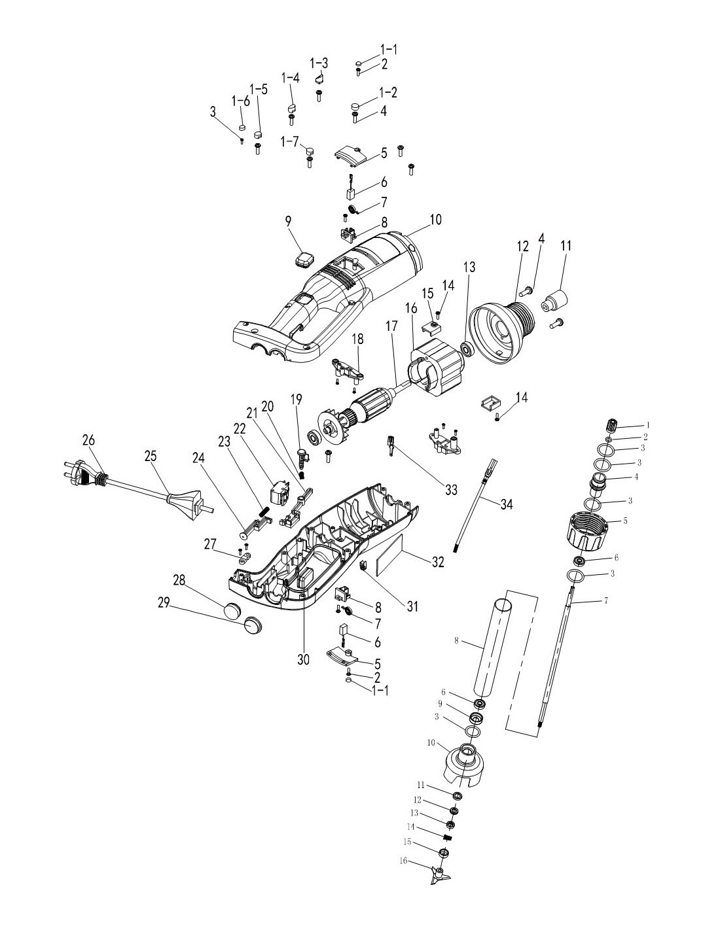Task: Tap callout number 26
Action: (x=90, y=440)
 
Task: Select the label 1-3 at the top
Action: (x=319, y=63)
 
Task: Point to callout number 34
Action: (x=507, y=505)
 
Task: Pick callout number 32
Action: (x=437, y=562)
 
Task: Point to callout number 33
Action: (x=451, y=490)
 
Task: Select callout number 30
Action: (x=303, y=659)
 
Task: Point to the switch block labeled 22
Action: (x=279, y=491)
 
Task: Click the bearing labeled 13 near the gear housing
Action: (x=466, y=347)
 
